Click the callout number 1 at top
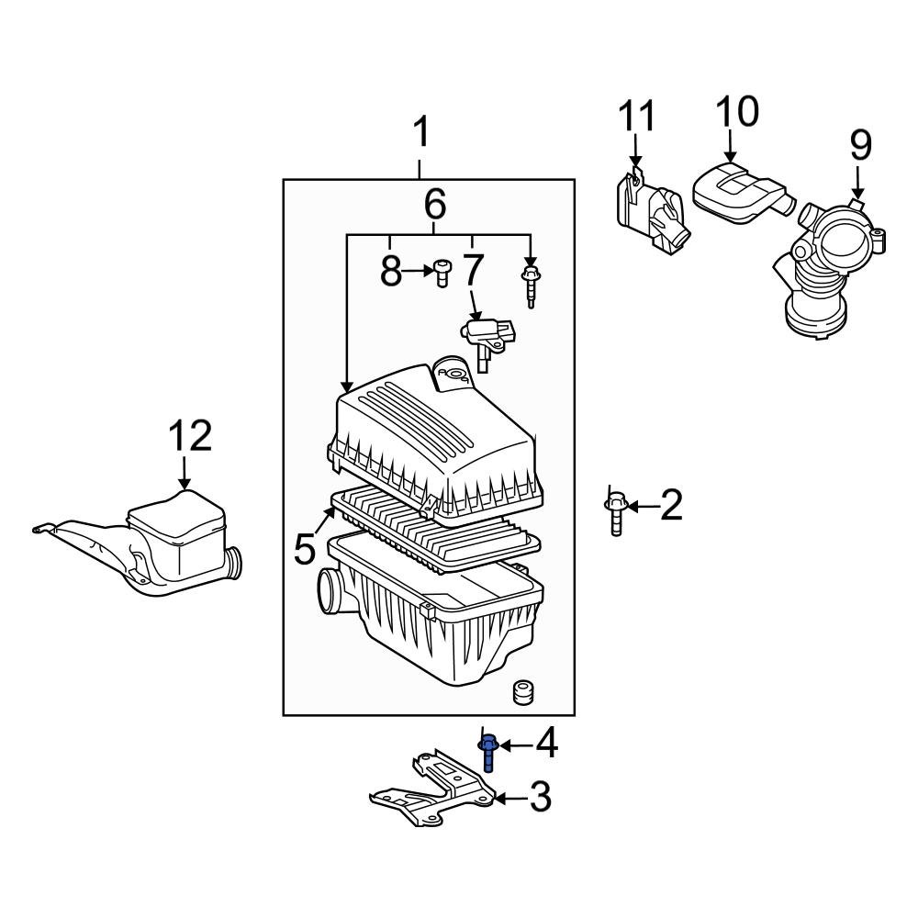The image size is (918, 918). point(420,134)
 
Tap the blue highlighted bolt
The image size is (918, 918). point(488,753)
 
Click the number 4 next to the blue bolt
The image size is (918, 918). point(546,744)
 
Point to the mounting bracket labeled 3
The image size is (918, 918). point(431,789)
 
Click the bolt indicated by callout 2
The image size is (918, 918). point(615,514)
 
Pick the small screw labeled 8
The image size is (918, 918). point(443,272)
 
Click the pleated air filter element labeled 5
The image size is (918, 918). point(431,528)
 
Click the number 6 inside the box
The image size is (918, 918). point(434,202)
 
